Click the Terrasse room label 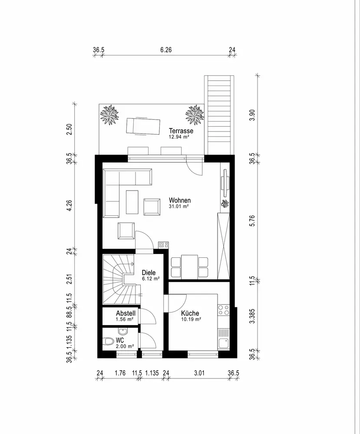point(181,131)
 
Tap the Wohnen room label point(180,200)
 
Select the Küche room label point(190,313)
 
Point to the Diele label point(149,273)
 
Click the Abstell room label point(126,313)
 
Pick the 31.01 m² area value point(178,206)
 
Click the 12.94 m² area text point(179,137)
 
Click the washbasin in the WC point(122,331)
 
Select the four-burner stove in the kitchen point(224,310)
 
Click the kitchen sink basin point(224,343)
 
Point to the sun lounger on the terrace point(143,126)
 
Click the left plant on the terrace point(110,115)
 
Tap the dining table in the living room point(189,267)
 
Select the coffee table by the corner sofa point(132,202)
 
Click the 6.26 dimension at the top point(166,50)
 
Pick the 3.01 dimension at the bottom point(199,373)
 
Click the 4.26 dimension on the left point(69,206)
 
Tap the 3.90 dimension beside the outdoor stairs point(252,115)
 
